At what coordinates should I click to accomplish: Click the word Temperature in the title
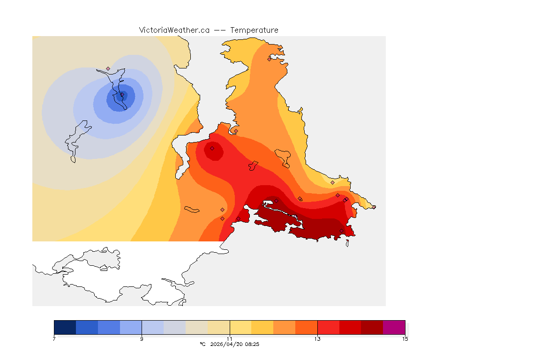(255, 30)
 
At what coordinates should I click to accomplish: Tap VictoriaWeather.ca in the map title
(174, 30)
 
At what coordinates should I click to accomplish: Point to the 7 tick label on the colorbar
(54, 339)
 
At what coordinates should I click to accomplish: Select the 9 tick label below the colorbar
(142, 339)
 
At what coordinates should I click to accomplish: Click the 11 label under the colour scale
(230, 339)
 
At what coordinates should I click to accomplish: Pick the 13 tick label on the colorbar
(317, 339)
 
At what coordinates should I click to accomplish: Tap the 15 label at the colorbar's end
(405, 339)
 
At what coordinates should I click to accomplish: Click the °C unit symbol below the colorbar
(202, 344)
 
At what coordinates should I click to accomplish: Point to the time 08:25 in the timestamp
(252, 344)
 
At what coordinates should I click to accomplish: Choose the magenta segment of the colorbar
(394, 327)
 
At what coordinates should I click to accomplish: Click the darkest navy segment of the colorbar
(65, 327)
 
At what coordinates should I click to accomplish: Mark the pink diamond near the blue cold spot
(108, 68)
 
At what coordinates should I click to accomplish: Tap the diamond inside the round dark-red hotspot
(212, 148)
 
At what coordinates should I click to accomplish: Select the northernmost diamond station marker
(269, 59)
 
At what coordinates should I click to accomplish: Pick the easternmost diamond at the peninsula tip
(374, 207)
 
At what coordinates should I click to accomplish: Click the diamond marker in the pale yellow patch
(332, 182)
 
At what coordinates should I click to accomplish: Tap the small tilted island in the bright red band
(253, 165)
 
